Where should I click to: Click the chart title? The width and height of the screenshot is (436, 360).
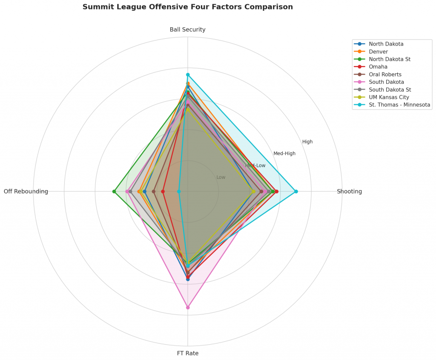point(187,7)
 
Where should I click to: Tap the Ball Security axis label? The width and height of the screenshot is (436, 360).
point(187,29)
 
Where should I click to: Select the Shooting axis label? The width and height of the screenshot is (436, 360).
point(349,191)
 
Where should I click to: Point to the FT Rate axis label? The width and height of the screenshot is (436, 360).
point(187,353)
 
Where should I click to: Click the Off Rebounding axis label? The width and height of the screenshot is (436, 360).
point(26,191)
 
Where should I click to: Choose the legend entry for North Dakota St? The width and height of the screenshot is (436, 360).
point(390,59)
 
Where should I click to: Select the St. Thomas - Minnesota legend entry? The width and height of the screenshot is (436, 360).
point(399,105)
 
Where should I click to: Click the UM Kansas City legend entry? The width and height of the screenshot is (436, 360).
point(389,97)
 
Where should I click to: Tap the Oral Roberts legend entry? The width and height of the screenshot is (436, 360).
point(385,75)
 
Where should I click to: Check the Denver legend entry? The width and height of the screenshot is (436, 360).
point(378,52)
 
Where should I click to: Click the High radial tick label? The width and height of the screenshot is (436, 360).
point(307,142)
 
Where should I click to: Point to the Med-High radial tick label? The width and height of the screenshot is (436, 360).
point(284,153)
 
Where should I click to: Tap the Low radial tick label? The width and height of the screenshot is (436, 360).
point(221,177)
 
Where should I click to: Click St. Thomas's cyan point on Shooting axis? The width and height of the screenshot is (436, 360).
point(296,191)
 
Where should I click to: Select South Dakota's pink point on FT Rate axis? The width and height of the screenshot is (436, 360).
point(188,307)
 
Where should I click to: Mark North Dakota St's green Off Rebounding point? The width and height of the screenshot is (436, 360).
point(114,191)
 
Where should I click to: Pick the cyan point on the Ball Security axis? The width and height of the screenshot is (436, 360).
point(188,75)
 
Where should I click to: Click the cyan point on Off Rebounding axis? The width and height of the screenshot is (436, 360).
point(179,191)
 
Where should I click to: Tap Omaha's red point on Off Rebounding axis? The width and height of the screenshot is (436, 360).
point(163,191)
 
